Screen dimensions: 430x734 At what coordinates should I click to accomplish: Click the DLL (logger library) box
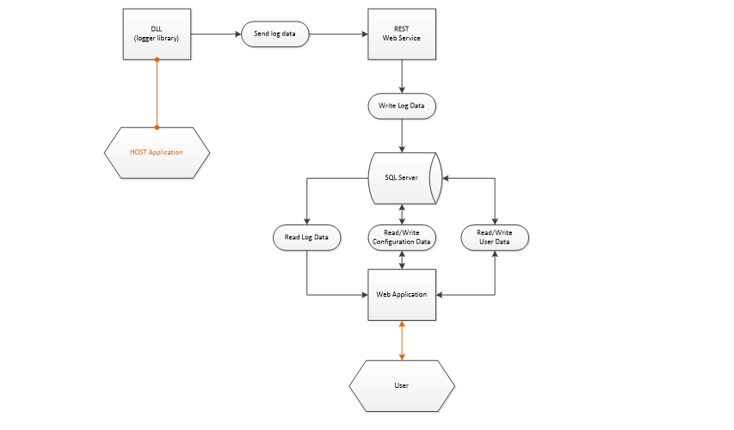click(157, 34)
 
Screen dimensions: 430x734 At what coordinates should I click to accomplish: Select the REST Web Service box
click(402, 34)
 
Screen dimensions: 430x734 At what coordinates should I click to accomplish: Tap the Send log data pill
click(274, 34)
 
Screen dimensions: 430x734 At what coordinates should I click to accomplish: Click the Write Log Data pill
click(402, 107)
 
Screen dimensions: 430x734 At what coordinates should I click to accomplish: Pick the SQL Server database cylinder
click(402, 179)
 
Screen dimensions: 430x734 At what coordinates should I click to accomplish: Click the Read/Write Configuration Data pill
click(402, 237)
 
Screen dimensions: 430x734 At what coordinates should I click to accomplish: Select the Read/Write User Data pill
click(495, 237)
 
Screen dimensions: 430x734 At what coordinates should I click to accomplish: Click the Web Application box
click(402, 294)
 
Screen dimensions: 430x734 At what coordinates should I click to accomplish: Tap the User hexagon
click(402, 384)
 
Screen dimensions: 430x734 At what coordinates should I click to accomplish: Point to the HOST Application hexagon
click(157, 153)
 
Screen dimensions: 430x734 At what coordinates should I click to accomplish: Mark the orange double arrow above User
click(402, 340)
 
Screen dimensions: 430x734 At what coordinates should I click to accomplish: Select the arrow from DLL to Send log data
click(215, 34)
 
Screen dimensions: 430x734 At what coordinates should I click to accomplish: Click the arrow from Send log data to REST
click(337, 34)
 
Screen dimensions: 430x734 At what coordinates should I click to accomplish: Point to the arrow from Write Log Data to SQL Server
click(402, 135)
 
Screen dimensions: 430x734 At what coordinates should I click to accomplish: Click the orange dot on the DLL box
click(157, 59)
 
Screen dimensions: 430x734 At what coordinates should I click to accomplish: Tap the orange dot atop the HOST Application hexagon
click(157, 127)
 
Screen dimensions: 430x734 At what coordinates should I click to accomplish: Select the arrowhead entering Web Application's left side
click(364, 295)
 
